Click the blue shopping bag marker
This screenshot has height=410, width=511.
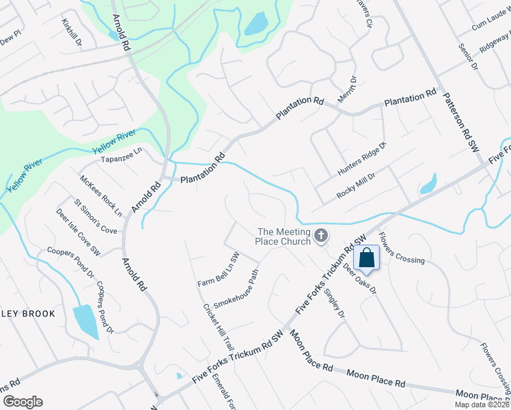coord(367,259)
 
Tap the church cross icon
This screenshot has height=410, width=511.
coord(321,237)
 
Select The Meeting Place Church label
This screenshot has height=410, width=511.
coord(283,236)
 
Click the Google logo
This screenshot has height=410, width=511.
coord(23,402)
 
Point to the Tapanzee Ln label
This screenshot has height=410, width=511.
coord(121,159)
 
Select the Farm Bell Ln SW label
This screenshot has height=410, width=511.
coord(218,270)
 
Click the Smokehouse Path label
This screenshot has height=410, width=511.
coord(236,288)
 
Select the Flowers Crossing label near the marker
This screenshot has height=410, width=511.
coord(402,251)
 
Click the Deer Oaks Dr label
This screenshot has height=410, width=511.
coord(360,279)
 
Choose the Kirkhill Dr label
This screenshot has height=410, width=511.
coord(71,33)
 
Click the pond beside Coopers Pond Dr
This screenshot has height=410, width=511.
coord(85,321)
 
